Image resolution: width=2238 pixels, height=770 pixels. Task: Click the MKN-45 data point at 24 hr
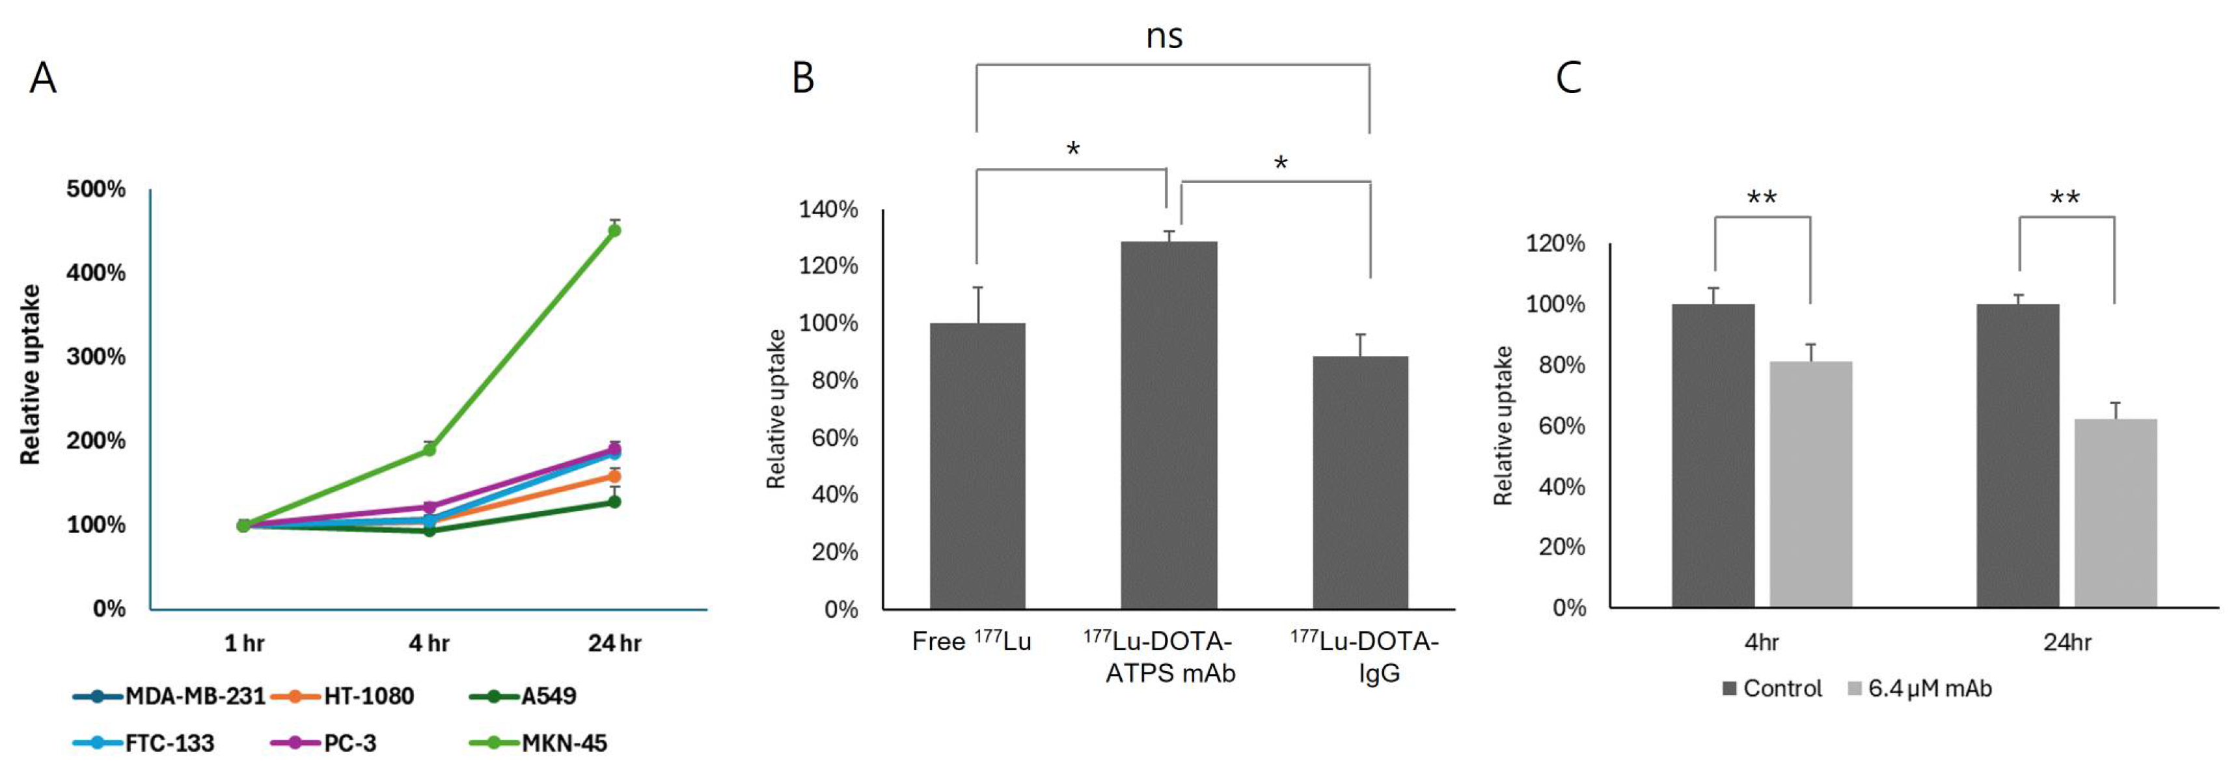pyautogui.click(x=614, y=230)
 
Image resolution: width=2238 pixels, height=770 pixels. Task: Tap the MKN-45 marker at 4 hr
pyautogui.click(x=428, y=449)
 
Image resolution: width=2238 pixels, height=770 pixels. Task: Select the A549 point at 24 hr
pyautogui.click(x=614, y=501)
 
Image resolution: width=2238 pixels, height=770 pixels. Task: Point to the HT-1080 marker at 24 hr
pyautogui.click(x=614, y=476)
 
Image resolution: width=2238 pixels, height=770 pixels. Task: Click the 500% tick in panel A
pyautogui.click(x=96, y=189)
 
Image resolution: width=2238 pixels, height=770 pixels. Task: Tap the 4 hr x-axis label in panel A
pyautogui.click(x=428, y=644)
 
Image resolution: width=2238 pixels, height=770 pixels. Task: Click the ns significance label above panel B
pyautogui.click(x=1164, y=36)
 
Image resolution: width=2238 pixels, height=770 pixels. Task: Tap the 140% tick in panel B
pyautogui.click(x=828, y=210)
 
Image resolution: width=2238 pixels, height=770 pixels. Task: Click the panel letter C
pyautogui.click(x=1568, y=77)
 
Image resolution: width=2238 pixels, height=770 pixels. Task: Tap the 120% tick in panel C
pyautogui.click(x=1555, y=243)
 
